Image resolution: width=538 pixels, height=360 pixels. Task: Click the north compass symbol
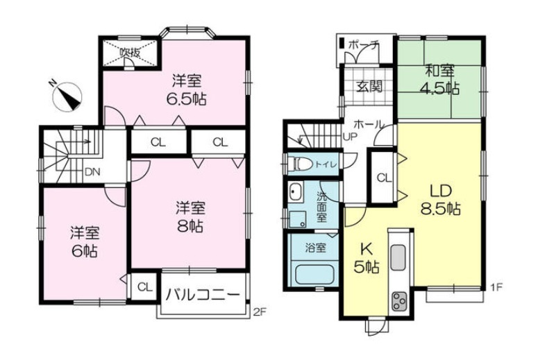click(x=67, y=96)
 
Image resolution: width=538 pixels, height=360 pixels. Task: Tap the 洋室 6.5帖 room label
click(x=187, y=90)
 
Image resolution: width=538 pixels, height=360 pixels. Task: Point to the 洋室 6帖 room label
click(x=85, y=241)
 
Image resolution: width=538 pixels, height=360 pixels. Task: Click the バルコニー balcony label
click(x=203, y=295)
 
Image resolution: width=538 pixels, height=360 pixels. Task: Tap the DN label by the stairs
click(x=92, y=172)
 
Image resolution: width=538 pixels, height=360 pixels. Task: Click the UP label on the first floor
click(x=350, y=136)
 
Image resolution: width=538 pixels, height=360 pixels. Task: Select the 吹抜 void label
click(x=130, y=53)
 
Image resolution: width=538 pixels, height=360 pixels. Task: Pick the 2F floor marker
click(x=259, y=311)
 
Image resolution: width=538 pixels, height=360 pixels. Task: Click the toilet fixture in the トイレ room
click(x=299, y=164)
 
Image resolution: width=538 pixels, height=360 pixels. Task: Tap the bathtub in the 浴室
click(x=314, y=274)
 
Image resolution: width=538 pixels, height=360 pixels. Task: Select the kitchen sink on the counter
click(x=398, y=257)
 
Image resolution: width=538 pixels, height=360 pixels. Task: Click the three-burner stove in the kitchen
click(x=398, y=300)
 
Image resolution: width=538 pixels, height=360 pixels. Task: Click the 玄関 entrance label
click(x=369, y=86)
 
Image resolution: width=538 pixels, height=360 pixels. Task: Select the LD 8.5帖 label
click(x=441, y=200)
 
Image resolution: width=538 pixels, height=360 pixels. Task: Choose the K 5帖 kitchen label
click(x=367, y=258)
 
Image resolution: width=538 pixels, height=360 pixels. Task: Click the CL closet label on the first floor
click(x=384, y=178)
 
